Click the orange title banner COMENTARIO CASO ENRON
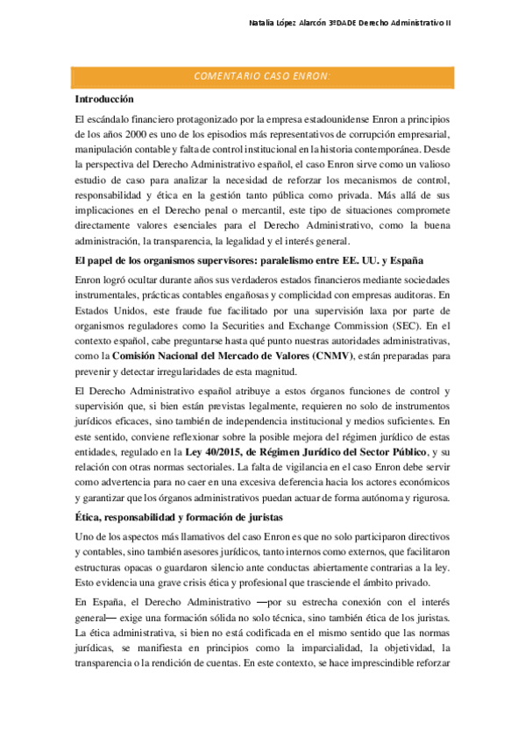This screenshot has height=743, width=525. [262, 76]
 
